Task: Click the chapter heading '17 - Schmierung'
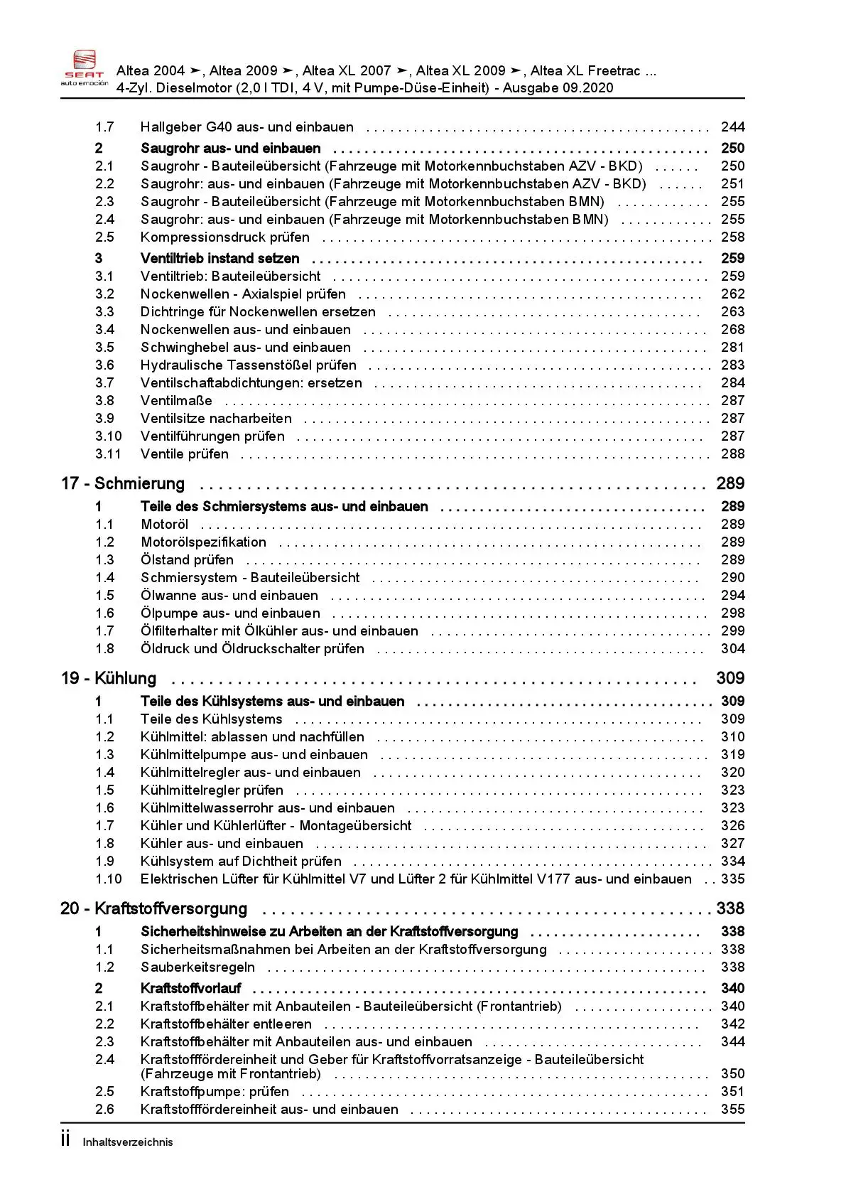(x=123, y=484)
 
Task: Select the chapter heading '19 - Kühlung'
(x=109, y=679)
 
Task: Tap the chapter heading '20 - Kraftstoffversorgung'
(x=154, y=909)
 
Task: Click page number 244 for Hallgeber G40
(x=732, y=127)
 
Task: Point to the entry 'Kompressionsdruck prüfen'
(x=225, y=237)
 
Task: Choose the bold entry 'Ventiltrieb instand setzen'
(x=220, y=259)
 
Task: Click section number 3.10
(x=109, y=436)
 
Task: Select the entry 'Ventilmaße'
(x=176, y=401)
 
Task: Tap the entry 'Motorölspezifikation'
(x=204, y=542)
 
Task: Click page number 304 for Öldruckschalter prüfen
(x=732, y=649)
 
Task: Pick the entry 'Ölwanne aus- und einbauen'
(x=229, y=596)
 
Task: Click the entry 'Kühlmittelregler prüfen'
(x=212, y=790)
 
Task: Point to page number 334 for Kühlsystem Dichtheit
(x=732, y=861)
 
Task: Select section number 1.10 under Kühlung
(x=109, y=879)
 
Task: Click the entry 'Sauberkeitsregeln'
(x=197, y=967)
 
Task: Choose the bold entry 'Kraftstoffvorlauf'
(x=191, y=989)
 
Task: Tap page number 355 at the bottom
(x=732, y=1110)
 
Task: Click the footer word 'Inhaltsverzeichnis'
(x=128, y=1142)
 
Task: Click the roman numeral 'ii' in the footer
(x=65, y=1139)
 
